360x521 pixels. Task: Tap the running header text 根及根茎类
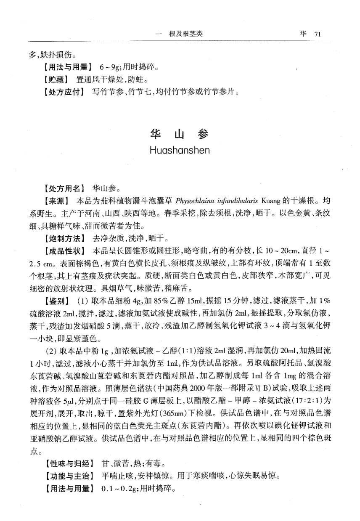186,34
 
